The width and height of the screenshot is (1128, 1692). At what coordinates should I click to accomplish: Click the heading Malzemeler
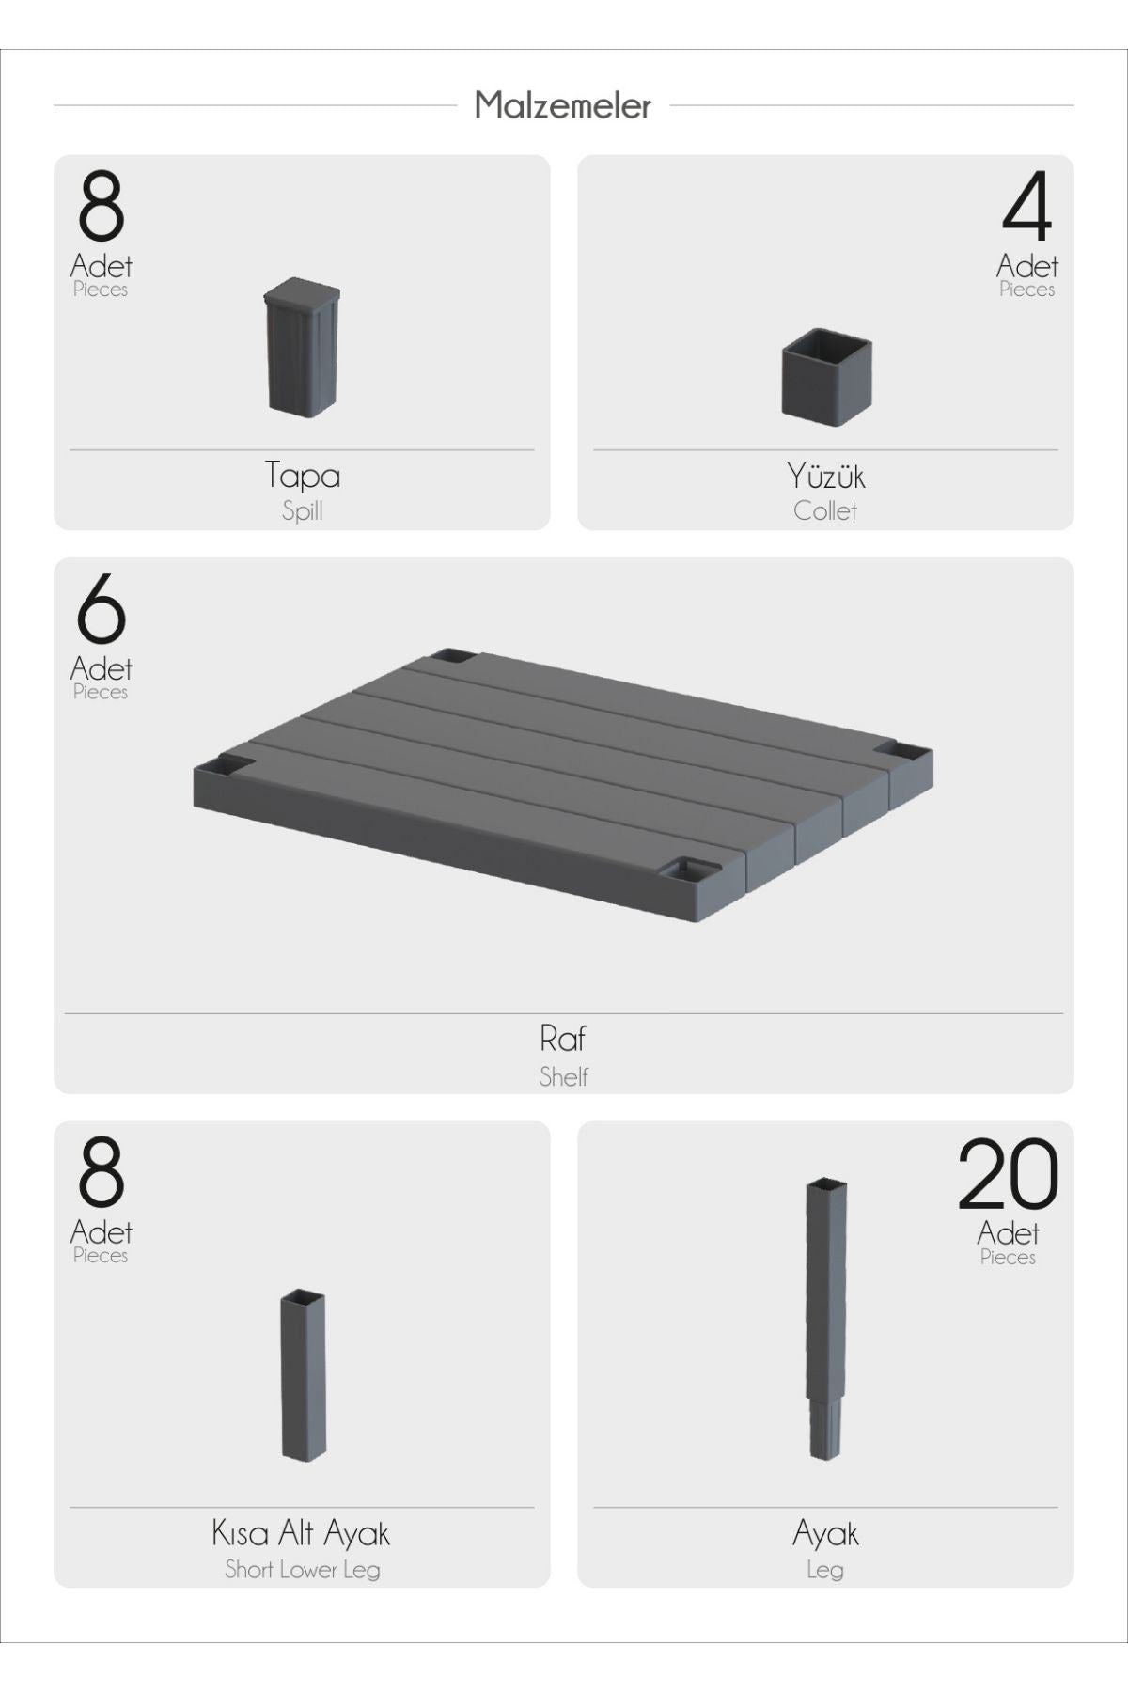point(562,105)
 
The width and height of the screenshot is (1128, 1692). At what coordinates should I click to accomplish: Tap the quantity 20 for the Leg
point(1008,1173)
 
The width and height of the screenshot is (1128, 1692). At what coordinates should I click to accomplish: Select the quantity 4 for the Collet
point(1026,206)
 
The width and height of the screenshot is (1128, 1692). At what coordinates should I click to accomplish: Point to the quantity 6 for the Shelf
point(101,608)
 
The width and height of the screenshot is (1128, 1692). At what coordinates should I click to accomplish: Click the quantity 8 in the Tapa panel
point(101,206)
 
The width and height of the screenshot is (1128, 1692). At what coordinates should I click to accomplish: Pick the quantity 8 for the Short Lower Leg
point(101,1172)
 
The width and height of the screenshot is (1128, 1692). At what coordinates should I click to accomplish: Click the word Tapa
point(302,475)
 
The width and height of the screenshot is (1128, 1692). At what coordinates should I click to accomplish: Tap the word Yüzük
point(825,476)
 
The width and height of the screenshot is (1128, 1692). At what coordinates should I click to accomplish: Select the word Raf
point(563,1039)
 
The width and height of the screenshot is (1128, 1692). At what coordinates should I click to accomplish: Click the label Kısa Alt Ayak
point(301,1534)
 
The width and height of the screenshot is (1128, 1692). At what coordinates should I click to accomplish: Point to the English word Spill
point(302,511)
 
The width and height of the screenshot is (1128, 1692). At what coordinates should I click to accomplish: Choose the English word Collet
point(825,511)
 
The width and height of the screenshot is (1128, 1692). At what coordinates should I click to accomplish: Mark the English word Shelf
point(563,1076)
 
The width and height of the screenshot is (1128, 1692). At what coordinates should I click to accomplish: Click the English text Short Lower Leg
point(302,1570)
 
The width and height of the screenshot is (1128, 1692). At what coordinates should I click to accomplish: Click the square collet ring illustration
point(826,376)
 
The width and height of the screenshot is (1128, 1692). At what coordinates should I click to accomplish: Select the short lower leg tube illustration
point(303,1375)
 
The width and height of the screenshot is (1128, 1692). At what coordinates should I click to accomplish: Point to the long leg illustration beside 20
point(826,1319)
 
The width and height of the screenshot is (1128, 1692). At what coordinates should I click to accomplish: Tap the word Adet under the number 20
point(1008,1232)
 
